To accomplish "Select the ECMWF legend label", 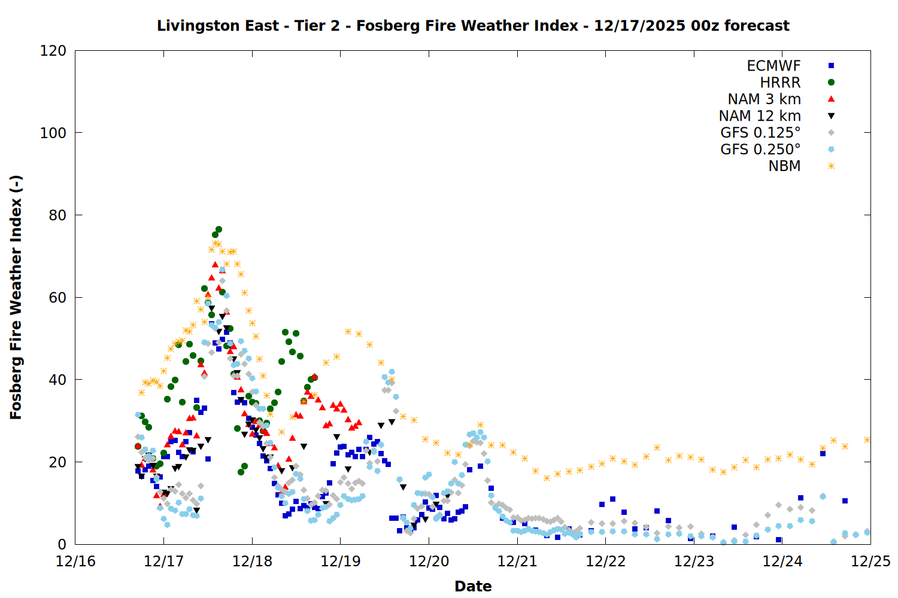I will coord(773,66).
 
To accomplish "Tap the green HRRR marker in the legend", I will coord(831,83).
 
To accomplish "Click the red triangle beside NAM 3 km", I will coord(831,99).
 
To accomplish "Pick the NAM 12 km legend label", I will coord(760,116).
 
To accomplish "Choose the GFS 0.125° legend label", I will coord(760,133).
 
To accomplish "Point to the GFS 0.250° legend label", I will coord(760,149).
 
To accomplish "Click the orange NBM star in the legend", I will coord(831,166).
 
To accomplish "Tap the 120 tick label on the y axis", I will coord(53,51).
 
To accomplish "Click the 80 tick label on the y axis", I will coord(57,215).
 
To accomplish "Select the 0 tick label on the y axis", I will coord(62,544).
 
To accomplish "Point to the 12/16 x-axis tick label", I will coord(75,562).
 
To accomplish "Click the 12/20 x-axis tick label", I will coord(429,562).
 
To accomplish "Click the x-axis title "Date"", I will coord(473,586).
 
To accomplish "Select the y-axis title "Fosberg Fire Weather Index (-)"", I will coord(16,297).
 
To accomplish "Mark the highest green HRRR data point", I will coord(219,230).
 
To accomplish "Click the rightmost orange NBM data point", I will coord(867,440).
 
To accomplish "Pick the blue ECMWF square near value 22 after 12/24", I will coord(823,454).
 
